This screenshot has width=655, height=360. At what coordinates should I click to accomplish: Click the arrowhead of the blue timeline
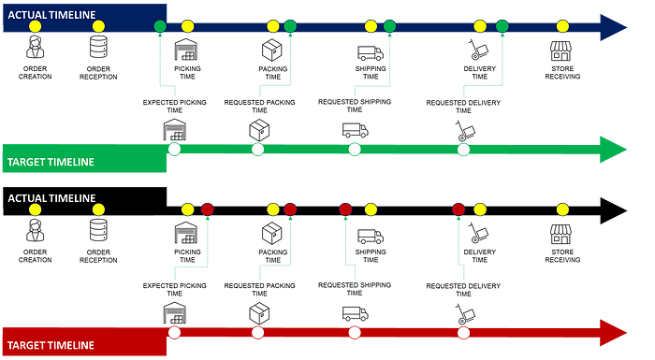613,27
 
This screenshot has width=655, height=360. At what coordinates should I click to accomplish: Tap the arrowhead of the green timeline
613,149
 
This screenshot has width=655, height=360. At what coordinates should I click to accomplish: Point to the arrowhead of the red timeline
613,332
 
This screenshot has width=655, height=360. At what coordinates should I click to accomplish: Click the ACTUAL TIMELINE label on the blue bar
51,13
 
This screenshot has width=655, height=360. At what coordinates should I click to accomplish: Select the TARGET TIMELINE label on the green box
51,162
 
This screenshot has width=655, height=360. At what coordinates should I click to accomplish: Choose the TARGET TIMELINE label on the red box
51,345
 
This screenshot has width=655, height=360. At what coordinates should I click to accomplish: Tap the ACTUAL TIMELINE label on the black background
51,198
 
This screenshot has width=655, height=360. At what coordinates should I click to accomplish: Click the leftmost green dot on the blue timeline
160,26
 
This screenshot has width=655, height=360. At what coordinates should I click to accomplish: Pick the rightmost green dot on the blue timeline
502,26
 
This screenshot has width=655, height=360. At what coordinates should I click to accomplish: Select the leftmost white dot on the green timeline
174,149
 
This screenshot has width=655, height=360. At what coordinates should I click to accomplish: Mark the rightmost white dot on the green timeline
463,149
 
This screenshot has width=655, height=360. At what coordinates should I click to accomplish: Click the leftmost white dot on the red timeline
174,332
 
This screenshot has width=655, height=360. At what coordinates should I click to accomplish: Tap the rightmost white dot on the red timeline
463,332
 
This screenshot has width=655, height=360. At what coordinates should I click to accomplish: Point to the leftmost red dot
207,209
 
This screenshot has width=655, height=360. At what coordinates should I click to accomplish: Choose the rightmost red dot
458,209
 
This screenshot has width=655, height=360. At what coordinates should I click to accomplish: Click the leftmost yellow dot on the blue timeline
36,26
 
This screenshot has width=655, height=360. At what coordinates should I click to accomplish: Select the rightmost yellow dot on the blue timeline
562,26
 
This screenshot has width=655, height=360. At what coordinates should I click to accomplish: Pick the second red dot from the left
290,209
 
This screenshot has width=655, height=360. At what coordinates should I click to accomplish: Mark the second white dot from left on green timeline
258,149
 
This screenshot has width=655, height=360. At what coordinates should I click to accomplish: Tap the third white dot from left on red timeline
355,332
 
